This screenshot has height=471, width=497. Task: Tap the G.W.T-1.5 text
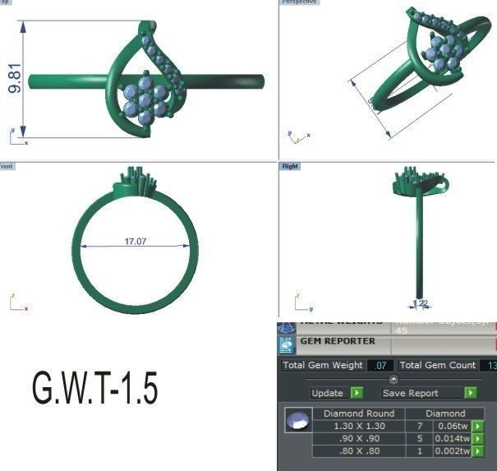94,387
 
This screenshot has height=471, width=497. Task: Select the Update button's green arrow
357,393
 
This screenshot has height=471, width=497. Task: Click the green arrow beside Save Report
471,393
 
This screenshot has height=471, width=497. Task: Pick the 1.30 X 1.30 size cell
358,426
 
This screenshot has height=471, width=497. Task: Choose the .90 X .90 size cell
358,438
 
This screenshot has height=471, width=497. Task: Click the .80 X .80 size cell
358,450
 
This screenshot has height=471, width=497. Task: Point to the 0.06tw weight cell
451,426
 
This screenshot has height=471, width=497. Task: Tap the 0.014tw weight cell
451,438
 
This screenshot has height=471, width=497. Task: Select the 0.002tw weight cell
451,450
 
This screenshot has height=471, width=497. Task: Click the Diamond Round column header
358,413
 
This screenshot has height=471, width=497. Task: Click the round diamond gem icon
297,421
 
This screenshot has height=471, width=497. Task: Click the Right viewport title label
290,166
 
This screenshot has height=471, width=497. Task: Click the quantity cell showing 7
419,426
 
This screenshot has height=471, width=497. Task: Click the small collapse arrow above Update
393,379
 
